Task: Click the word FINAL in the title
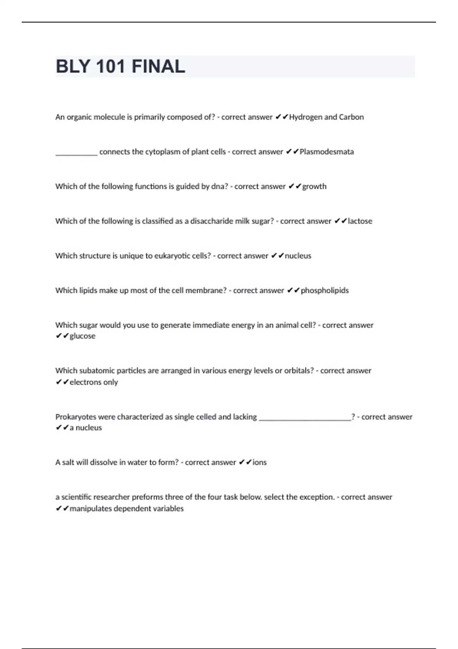[158, 66]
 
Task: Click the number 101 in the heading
[111, 66]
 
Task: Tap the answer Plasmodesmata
[327, 152]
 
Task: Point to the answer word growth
[314, 186]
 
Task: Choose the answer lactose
[360, 221]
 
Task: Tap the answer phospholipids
[325, 291]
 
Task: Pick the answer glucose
[82, 336]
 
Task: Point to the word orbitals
[299, 370]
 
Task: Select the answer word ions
[260, 462]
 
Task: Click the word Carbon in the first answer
[351, 117]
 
